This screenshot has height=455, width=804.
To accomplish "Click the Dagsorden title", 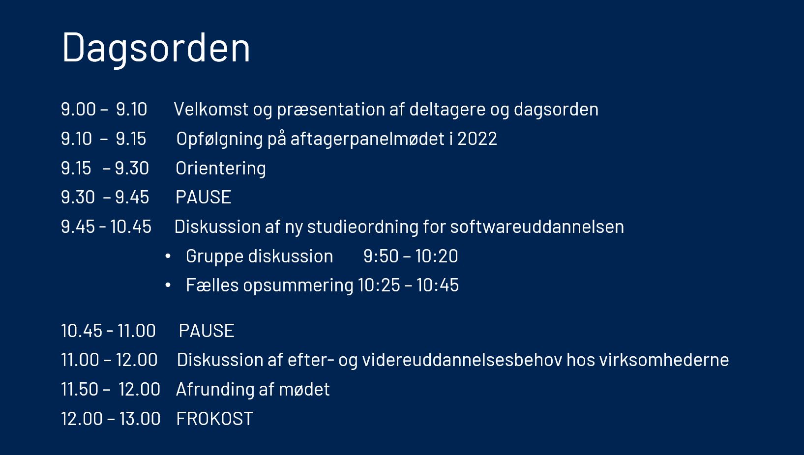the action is [x=156, y=49].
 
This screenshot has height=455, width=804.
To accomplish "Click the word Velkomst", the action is [x=211, y=109].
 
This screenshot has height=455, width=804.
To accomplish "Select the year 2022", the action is [x=477, y=139].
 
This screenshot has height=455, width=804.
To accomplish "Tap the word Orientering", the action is [x=221, y=169].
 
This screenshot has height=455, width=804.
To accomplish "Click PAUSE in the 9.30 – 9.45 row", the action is [x=204, y=197].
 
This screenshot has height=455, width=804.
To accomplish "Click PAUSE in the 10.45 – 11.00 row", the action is [x=207, y=331].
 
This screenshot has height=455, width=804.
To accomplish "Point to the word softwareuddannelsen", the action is [x=537, y=227].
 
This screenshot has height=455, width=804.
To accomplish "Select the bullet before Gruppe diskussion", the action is [x=168, y=256].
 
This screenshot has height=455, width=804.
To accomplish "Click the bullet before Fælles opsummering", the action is [x=168, y=285].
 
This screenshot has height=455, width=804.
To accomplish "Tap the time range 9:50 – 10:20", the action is [x=411, y=256].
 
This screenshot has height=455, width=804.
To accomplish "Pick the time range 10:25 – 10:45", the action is [x=409, y=285].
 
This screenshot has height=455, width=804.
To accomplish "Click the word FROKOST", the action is [x=214, y=419].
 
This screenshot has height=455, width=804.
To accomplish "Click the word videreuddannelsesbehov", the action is [x=462, y=360].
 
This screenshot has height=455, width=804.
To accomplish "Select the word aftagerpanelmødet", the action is [x=367, y=139].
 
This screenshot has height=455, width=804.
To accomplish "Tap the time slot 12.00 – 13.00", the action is [x=111, y=419].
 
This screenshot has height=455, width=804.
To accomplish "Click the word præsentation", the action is [x=331, y=110].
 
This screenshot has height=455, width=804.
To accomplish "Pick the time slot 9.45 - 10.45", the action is [x=106, y=227].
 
